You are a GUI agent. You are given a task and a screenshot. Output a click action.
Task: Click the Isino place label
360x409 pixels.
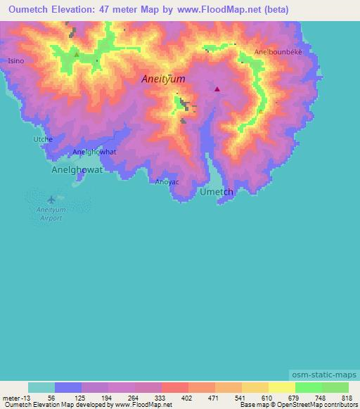click(x=15, y=61)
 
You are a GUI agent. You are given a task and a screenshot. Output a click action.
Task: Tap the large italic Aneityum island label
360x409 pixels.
click(x=164, y=79)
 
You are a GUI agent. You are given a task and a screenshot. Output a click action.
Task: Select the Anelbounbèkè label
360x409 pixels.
click(x=278, y=53)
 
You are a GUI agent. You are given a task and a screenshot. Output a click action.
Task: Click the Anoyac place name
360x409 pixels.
click(x=167, y=182)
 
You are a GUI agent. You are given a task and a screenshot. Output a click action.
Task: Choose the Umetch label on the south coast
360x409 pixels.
click(x=217, y=192)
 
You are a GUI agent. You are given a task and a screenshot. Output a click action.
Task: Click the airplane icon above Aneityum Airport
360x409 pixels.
click(x=50, y=199)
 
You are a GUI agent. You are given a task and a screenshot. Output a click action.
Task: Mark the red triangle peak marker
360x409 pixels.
click(x=217, y=89)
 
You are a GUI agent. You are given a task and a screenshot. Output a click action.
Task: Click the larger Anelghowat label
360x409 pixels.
click(x=77, y=170)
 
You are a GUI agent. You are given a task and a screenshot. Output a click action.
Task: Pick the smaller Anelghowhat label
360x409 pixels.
click(x=94, y=152)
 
